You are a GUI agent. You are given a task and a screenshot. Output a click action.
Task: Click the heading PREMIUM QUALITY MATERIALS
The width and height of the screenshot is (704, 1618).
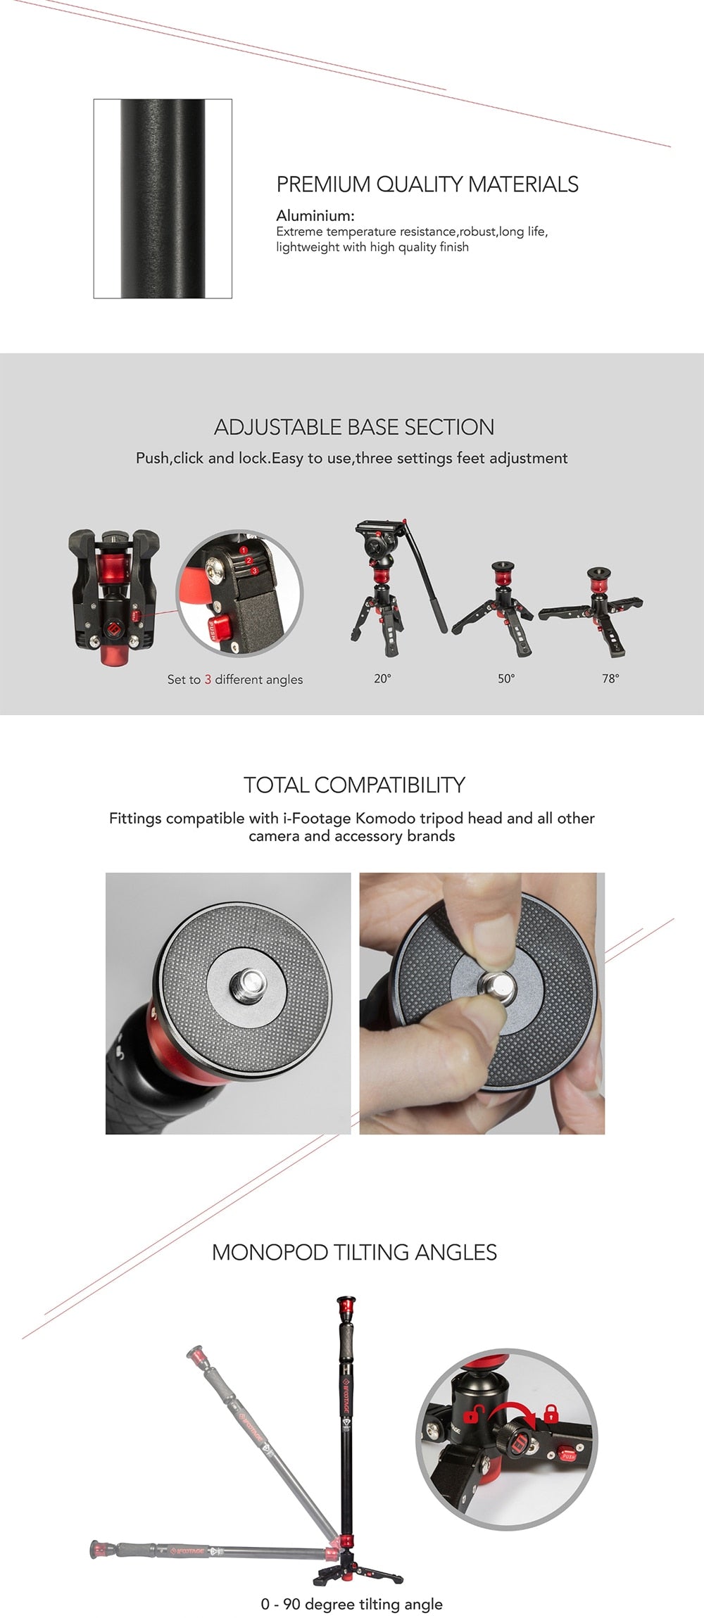pos(427,184)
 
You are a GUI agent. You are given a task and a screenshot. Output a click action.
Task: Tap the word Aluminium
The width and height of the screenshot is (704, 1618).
pos(314,215)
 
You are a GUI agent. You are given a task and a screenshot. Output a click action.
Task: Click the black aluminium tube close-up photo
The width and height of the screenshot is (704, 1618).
pos(163,198)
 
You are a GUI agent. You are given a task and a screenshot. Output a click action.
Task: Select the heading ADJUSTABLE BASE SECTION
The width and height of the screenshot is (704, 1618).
pos(354,427)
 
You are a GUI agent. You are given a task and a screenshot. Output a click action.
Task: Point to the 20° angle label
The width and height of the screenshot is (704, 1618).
pos(382,678)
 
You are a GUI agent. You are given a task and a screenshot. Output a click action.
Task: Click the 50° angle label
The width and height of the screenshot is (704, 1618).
pos(506,678)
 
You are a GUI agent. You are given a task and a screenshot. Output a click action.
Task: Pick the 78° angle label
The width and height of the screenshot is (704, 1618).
pos(610,678)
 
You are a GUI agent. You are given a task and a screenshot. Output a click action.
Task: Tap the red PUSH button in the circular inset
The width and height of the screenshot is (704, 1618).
pos(219,625)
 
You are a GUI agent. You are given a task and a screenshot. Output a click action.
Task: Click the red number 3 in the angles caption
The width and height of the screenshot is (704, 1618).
pos(208,679)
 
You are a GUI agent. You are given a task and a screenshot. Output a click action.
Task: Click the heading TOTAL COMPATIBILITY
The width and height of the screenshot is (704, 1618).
pos(354,785)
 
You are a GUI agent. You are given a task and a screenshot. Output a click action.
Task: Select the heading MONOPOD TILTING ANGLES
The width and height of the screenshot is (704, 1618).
pos(354,1252)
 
